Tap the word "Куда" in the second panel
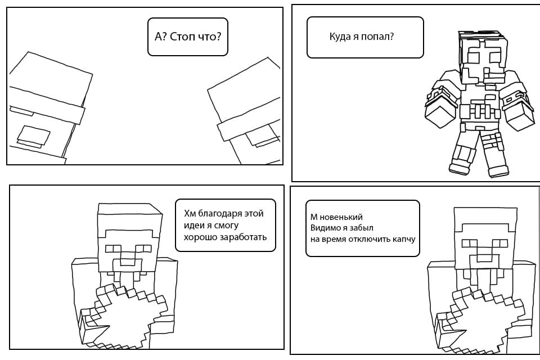pos(340,37)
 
